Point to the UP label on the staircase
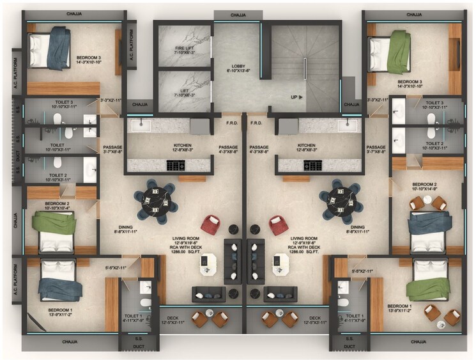coord(295,97)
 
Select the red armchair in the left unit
coord(210,225)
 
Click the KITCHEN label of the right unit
coord(307,148)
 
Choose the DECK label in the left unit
coord(173,320)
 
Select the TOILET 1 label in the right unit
coord(353,318)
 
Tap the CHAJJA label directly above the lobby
coord(238,15)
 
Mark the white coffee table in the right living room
coord(280,264)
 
